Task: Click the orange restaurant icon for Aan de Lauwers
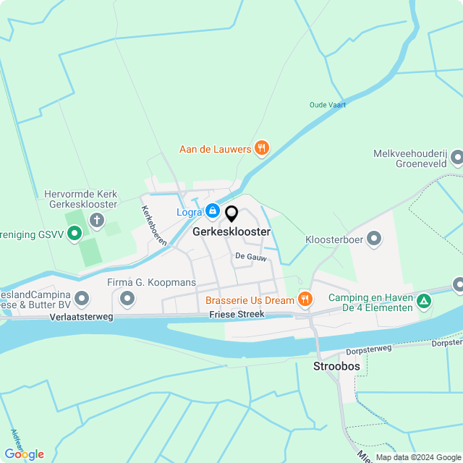[x=262, y=149]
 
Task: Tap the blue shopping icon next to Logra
[x=212, y=211]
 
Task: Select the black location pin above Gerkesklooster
[x=231, y=214]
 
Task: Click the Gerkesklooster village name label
[x=231, y=232]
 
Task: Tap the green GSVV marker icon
[x=74, y=234]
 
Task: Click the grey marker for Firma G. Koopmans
[x=127, y=298]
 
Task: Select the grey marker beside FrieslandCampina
[x=82, y=298]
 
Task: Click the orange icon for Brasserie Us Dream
[x=305, y=299]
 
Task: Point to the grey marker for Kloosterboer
[x=374, y=238]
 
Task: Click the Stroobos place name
[x=336, y=367]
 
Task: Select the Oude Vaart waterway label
[x=328, y=105]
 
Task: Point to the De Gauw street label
[x=246, y=256]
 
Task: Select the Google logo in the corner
[x=23, y=454]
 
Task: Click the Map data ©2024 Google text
[x=418, y=457]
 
